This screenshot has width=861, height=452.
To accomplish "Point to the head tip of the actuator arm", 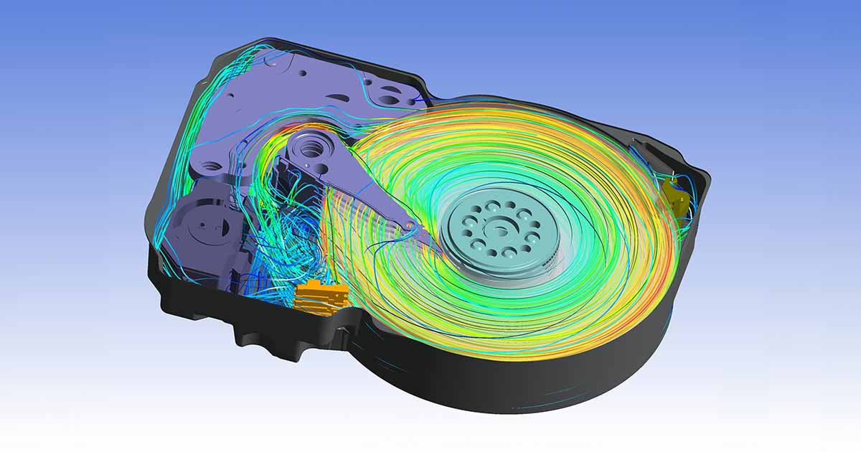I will tap(410, 226).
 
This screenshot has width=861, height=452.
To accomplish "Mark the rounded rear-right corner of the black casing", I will tap(700, 172).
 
